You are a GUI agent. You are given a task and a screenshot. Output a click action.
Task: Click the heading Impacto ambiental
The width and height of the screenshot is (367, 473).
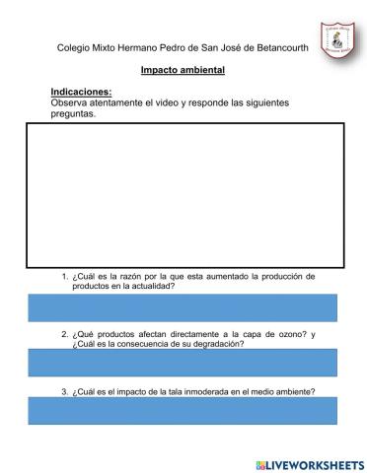pos(183,70)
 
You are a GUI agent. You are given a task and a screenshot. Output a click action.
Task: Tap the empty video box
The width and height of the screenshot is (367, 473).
pos(183,194)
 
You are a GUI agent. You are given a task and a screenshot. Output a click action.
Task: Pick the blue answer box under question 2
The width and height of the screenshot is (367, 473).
pos(183,362)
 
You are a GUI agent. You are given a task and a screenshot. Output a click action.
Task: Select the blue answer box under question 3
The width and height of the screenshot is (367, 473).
pos(183,411)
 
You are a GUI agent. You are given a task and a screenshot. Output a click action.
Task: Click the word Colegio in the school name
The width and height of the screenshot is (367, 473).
pos(75,47)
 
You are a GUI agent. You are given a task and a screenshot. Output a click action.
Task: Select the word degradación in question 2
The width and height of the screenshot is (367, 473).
pos(216,344)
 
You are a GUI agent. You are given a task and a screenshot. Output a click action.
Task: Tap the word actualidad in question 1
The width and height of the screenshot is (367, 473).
pos(151,286)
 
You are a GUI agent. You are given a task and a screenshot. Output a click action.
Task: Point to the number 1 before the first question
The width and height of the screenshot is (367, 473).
pos(63,277)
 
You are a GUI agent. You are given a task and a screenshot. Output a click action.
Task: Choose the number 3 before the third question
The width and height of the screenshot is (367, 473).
pos(63,392)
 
